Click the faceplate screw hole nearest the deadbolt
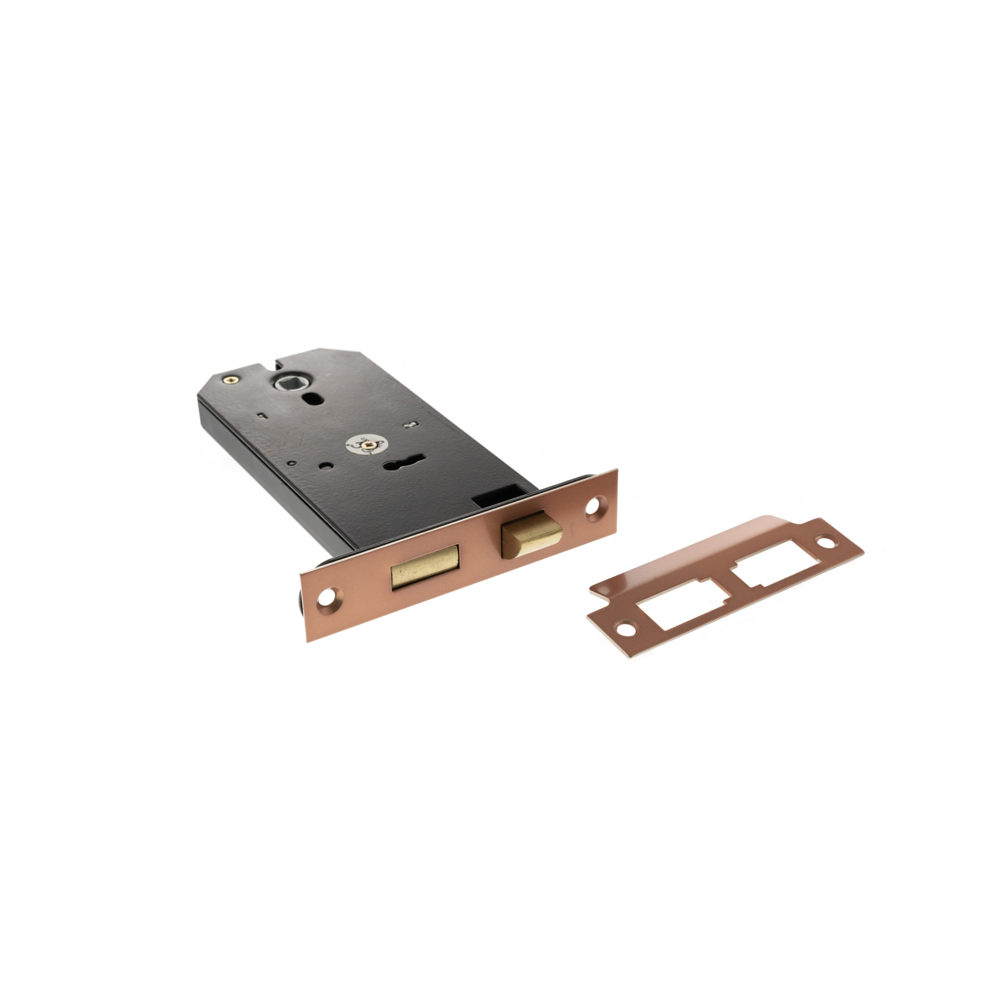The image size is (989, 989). [x=325, y=596]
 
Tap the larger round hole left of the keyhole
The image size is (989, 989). [x=326, y=466]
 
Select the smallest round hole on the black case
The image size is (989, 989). [x=292, y=463]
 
